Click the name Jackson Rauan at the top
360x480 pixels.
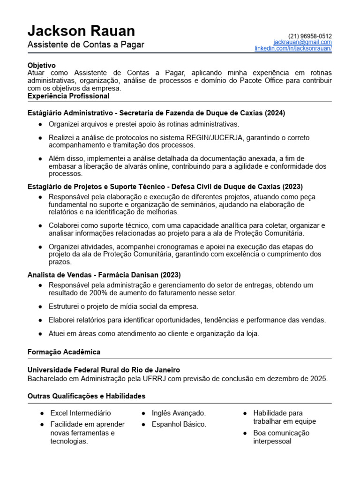click(81, 31)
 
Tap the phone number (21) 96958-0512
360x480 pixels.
click(310, 36)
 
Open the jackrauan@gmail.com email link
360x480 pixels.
click(302, 42)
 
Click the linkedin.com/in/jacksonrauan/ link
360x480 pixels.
click(293, 48)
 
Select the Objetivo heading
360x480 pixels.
click(41, 66)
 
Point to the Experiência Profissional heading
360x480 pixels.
click(68, 96)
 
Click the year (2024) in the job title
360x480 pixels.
click(275, 113)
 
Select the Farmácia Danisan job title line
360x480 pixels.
click(104, 275)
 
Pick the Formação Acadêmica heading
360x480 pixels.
click(64, 352)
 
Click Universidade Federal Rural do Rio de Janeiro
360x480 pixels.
click(104, 370)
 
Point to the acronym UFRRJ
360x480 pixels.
click(158, 378)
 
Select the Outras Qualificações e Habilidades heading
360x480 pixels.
click(86, 396)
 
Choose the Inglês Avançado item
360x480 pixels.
click(179, 413)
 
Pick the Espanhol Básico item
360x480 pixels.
click(179, 424)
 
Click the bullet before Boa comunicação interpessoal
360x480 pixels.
click(246, 433)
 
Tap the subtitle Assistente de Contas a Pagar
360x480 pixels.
click(86, 45)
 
